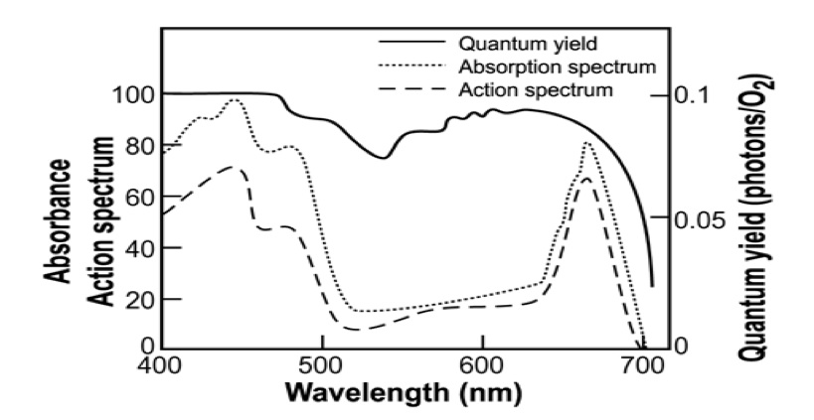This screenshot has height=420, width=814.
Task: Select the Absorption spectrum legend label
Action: pos(557,68)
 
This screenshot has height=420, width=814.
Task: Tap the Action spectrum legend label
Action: pos(535,90)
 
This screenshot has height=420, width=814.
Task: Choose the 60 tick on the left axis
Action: pos(132,197)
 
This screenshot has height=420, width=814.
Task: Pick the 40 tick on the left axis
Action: pos(132,248)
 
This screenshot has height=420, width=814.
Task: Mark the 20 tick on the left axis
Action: pos(132,299)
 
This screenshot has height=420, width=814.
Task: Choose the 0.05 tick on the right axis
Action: pos(700,219)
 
